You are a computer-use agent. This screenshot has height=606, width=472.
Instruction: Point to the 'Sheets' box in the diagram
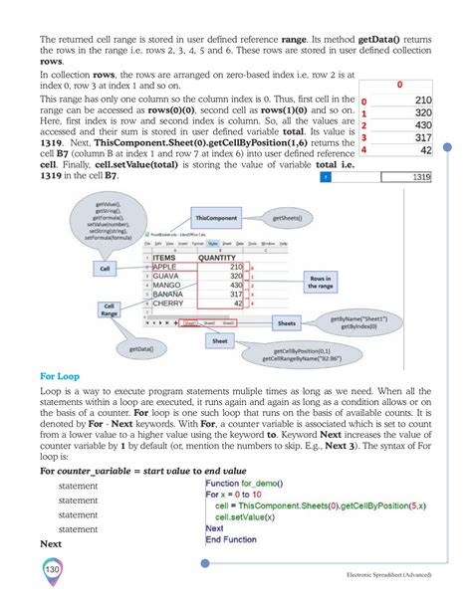pyautogui.click(x=286, y=322)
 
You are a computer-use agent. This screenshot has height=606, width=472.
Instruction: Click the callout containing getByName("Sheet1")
pyautogui.click(x=364, y=323)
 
